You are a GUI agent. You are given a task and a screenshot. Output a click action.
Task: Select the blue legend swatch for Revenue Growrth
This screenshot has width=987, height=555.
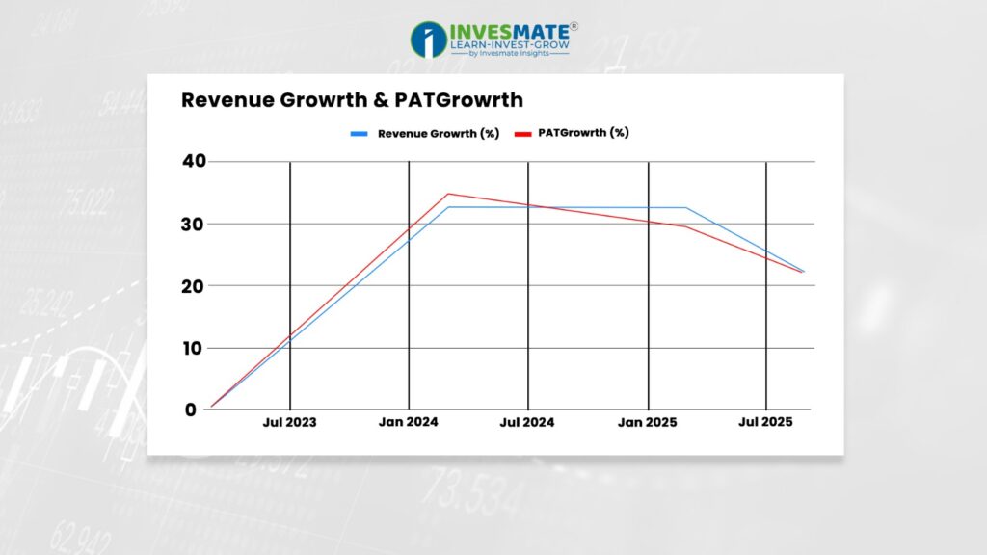click(359, 134)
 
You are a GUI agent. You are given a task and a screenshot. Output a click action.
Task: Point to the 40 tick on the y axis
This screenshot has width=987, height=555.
click(195, 161)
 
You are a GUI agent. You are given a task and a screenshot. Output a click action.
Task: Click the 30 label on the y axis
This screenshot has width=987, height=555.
click(195, 224)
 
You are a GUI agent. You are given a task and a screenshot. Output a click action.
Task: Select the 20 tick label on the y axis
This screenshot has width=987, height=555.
click(195, 285)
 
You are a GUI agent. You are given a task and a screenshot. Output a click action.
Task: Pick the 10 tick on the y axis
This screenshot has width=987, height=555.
click(195, 348)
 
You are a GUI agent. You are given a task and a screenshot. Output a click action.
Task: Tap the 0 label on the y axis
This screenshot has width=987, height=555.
click(190, 410)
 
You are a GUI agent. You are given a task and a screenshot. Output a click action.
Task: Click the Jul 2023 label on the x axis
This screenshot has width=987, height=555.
click(289, 422)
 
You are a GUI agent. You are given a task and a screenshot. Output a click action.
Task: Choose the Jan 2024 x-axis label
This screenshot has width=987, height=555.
click(409, 422)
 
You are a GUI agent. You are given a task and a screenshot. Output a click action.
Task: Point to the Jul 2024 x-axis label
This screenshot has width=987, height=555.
click(527, 422)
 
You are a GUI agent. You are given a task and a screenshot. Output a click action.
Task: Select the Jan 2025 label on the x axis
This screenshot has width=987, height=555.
click(647, 422)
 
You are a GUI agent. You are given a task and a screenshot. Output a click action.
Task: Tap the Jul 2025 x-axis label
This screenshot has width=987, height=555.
click(765, 422)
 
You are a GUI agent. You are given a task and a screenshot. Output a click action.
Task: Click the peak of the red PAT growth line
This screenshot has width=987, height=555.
click(448, 194)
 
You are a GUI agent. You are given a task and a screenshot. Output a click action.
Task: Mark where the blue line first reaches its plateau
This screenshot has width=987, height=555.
click(448, 207)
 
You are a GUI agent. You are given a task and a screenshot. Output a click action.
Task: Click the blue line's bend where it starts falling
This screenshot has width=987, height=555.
click(686, 208)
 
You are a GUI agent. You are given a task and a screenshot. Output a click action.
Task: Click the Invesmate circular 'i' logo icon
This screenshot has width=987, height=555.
click(428, 40)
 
